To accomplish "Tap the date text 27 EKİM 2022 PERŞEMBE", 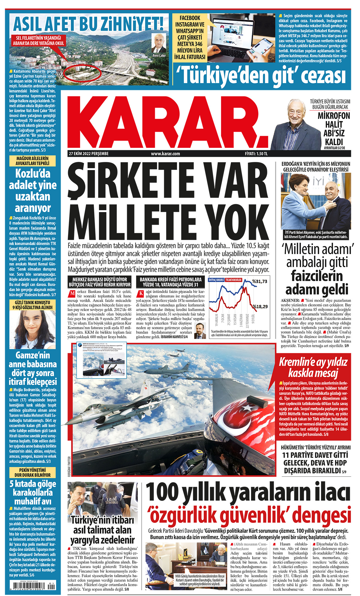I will (x=89, y=154).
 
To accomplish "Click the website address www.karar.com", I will (x=165, y=154).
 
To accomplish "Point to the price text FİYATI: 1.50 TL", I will (x=256, y=154).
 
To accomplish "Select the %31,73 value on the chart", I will (x=259, y=281).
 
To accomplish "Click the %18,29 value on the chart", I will (x=260, y=307).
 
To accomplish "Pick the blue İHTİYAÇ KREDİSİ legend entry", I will (x=216, y=280).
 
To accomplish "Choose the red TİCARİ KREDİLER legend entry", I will (x=234, y=280).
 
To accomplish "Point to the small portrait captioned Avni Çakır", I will (x=159, y=43).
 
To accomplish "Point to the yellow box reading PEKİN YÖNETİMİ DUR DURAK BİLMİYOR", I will (x=33, y=473).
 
